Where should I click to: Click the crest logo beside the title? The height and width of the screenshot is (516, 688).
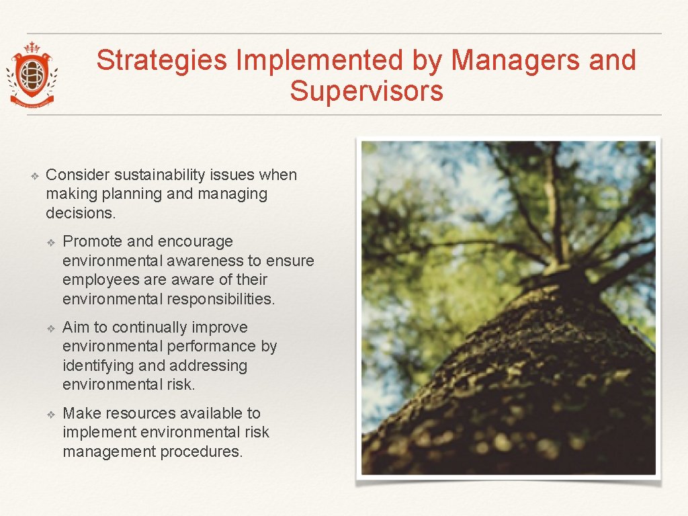coord(32,74)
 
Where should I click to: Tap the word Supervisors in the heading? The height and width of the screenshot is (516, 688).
coord(366,91)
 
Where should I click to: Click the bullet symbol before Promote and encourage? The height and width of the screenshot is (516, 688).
coord(50,243)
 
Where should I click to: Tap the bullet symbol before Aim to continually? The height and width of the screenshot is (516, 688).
coord(50,329)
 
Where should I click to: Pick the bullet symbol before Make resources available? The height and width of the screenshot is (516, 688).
coord(50,415)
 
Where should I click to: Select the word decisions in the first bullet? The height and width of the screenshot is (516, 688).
coord(80,214)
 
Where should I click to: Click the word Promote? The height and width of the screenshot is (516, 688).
coord(92,242)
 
